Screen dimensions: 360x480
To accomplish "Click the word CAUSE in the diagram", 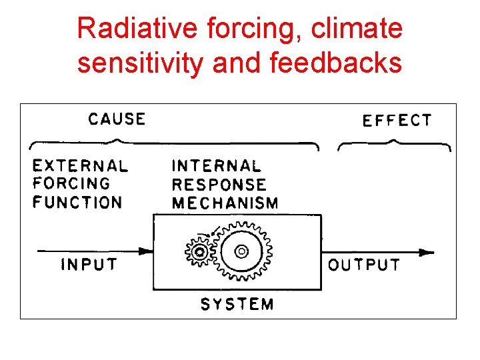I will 117,119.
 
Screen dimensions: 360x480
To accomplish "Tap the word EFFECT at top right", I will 397,121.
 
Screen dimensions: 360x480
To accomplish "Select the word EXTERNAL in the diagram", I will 80,165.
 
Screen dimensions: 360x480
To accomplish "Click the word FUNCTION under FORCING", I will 77,202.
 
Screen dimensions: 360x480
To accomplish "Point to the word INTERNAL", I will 217,165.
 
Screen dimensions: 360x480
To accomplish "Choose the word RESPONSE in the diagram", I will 219,185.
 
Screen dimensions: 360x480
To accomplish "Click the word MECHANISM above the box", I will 225,203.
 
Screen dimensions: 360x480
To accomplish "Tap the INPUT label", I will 89,265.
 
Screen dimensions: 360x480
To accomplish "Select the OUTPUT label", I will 364,265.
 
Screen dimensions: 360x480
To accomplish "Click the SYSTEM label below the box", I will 237,305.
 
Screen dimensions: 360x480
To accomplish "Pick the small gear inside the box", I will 198,251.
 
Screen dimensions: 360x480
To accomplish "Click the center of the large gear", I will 241,251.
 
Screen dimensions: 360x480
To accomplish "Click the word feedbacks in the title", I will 336,63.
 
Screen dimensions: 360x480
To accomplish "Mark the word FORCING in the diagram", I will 71,183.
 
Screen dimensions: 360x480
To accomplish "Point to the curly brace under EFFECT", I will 395,143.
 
